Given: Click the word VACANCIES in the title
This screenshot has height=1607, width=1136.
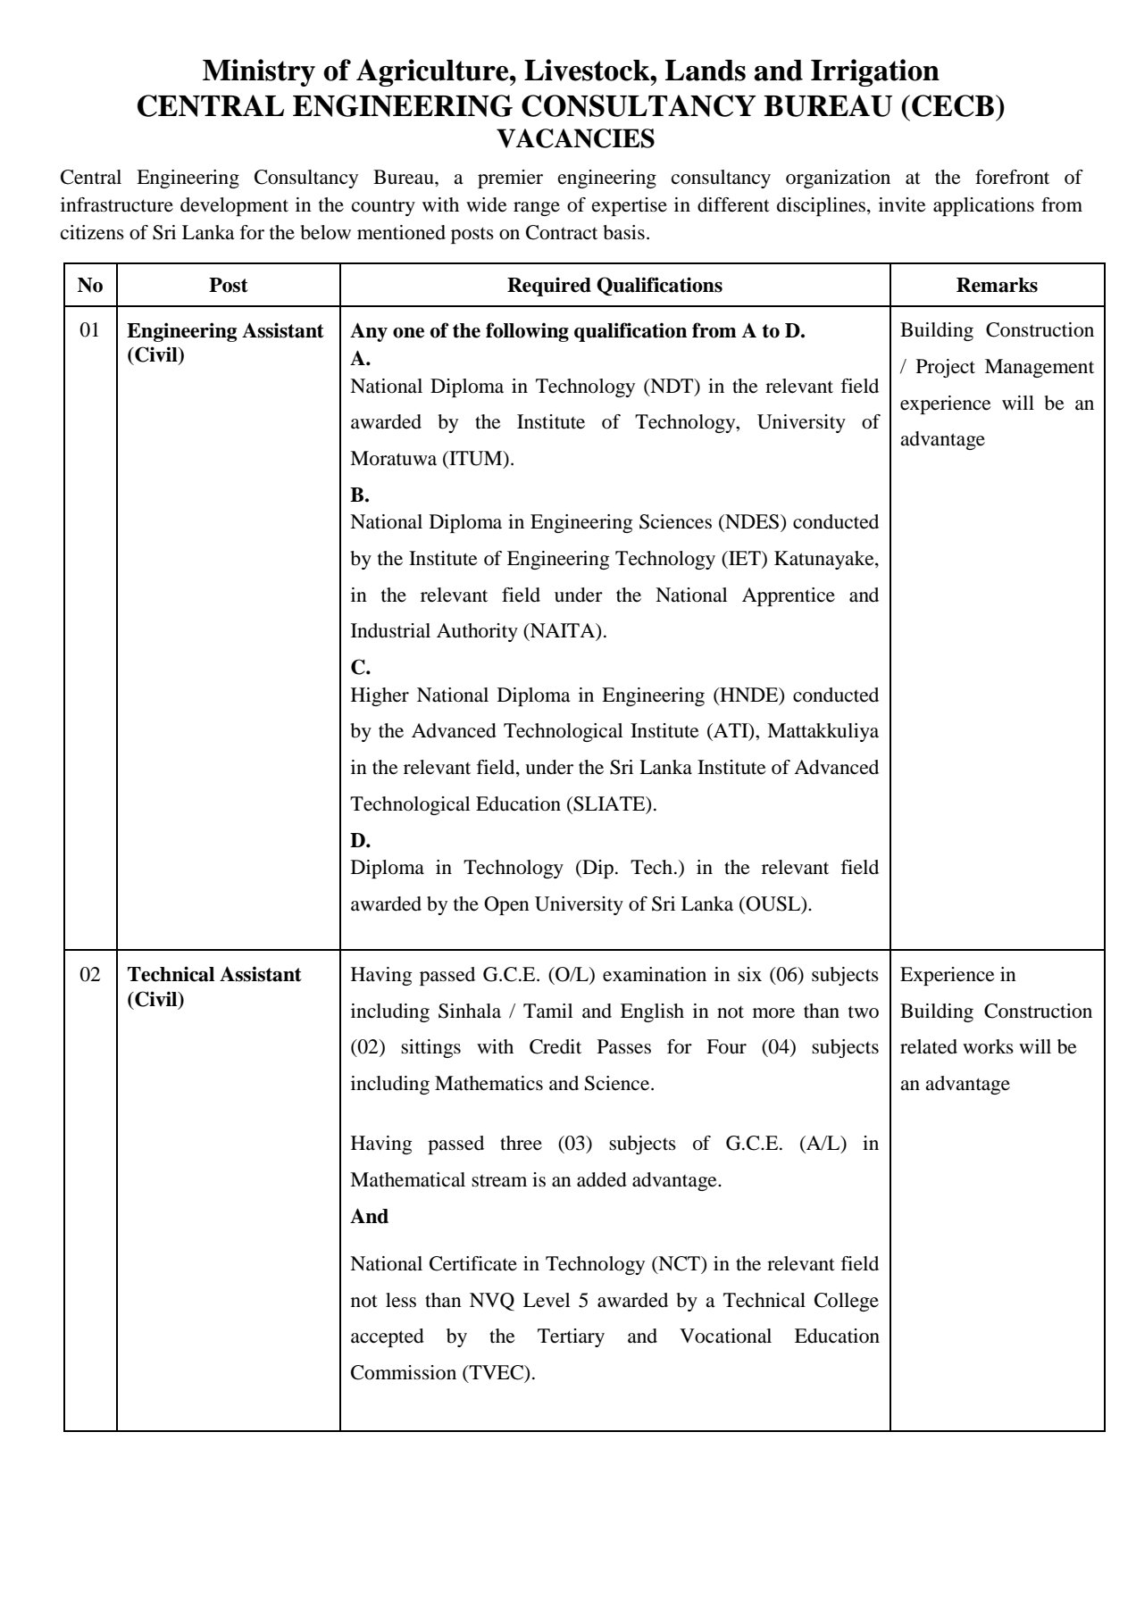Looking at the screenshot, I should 575,139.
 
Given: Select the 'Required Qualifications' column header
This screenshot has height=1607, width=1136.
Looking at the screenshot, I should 614,285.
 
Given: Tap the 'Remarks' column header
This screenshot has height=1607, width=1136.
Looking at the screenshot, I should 997,285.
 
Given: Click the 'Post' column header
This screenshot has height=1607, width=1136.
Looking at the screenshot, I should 228,285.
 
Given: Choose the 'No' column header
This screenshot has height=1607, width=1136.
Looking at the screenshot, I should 90,285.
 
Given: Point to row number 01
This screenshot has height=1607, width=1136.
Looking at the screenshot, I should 90,331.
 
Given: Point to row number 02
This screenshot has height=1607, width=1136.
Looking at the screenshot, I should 90,974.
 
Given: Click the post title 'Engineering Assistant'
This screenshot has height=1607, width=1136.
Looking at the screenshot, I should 225,331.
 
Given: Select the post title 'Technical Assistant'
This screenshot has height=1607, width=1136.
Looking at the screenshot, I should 213,974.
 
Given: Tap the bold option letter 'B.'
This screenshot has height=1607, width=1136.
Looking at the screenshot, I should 359,495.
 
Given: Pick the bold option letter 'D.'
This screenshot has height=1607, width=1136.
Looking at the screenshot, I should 360,841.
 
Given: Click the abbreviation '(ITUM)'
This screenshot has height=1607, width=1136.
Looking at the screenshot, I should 481,460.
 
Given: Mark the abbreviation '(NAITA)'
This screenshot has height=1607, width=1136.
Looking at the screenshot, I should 564,631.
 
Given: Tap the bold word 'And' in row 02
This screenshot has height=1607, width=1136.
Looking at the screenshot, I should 369,1217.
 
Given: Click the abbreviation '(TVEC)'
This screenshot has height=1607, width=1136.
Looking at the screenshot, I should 497,1373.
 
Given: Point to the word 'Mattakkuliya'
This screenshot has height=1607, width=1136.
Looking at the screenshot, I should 823,731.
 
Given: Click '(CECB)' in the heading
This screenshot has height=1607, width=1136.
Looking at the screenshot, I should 952,107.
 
